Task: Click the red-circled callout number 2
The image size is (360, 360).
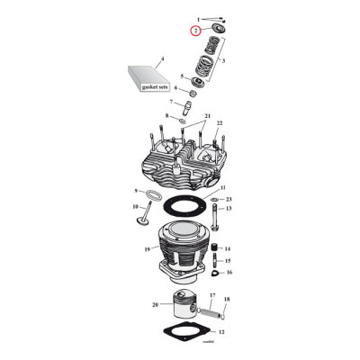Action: coord(194,31)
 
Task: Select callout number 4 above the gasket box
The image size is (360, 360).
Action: coord(162,60)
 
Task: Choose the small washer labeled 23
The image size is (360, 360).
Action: coord(217,200)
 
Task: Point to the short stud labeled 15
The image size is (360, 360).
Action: coord(216,261)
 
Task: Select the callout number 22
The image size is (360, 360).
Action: coord(220,123)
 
